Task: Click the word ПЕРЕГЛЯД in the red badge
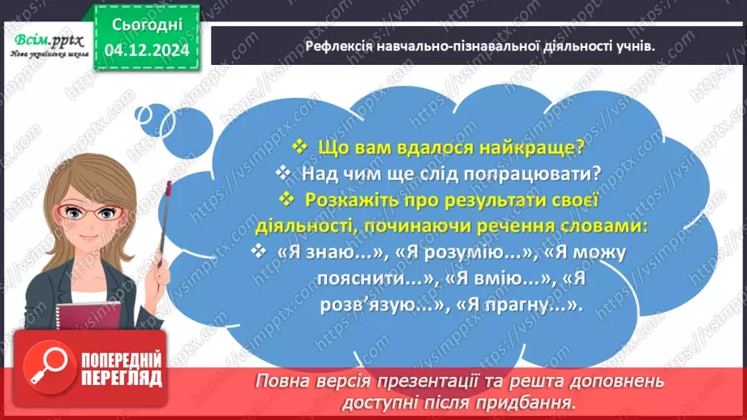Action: (x=121, y=379)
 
